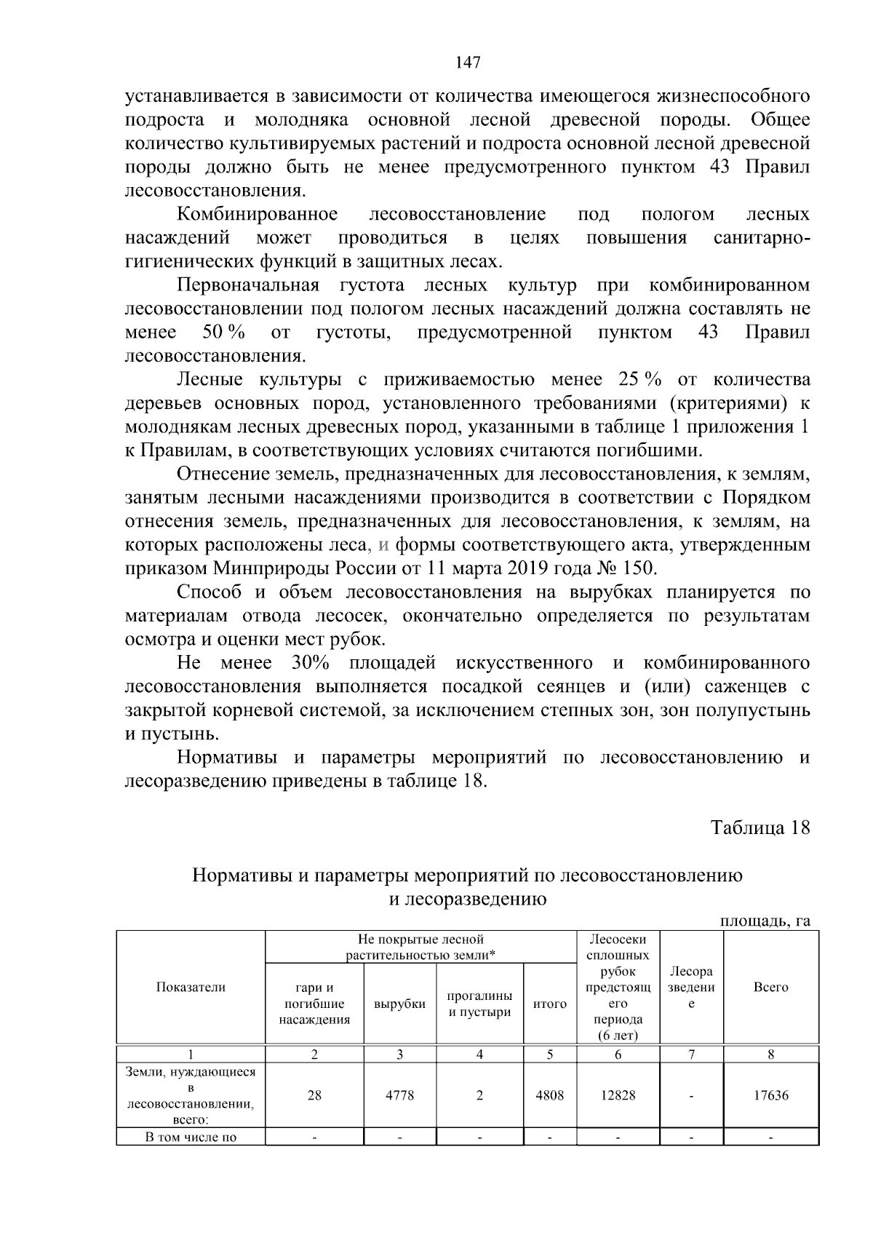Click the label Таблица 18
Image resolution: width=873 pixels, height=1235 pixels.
point(760,828)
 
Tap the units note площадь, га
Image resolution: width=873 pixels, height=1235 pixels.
point(765,921)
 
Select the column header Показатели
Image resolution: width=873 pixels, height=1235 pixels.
point(191,987)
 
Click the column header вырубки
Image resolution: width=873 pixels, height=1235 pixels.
point(399,1004)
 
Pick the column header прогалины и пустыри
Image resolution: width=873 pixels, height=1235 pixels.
point(479,1004)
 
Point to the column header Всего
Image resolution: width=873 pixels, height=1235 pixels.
point(770,987)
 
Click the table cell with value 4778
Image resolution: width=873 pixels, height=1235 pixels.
point(399,1095)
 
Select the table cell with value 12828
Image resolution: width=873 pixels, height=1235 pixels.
point(618,1095)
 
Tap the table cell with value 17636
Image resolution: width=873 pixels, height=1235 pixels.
point(770,1095)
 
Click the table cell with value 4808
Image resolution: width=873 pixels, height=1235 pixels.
point(549,1095)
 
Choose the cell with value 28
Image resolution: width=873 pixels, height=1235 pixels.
point(314,1095)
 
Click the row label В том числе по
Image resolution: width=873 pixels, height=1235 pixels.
point(191,1137)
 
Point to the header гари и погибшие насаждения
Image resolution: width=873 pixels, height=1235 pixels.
point(314,1004)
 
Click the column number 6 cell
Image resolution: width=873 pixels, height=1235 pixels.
point(618,1055)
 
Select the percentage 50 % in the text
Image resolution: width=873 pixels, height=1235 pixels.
point(223,333)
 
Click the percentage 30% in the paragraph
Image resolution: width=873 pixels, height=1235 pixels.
point(311,663)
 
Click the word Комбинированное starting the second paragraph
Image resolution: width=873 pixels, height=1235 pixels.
point(258,214)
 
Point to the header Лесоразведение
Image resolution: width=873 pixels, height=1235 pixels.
point(691,987)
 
